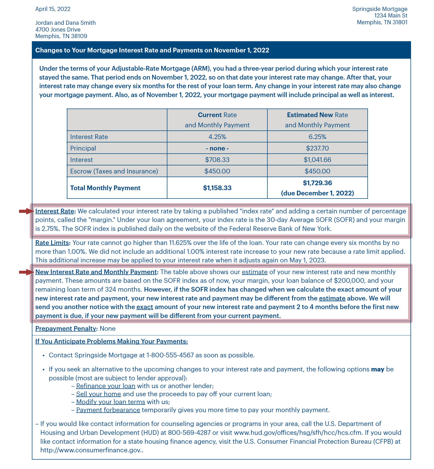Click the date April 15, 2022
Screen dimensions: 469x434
pyautogui.click(x=53, y=9)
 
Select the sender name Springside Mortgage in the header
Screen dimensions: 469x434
pyautogui.click(x=379, y=9)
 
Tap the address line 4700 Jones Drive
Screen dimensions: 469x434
pyautogui.click(x=58, y=29)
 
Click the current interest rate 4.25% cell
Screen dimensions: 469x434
pyautogui.click(x=217, y=137)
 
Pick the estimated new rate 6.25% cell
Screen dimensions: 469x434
pyautogui.click(x=317, y=137)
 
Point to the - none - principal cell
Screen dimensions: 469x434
pyautogui.click(x=217, y=148)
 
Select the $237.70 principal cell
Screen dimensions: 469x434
pyautogui.click(x=317, y=148)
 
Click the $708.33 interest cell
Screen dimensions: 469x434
pyautogui.click(x=217, y=160)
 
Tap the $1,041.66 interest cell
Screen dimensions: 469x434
pyautogui.click(x=317, y=160)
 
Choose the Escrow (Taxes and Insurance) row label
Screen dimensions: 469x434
pyautogui.click(x=114, y=171)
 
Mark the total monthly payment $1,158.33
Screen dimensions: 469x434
pyautogui.click(x=217, y=188)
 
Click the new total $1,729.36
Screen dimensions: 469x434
pyautogui.click(x=317, y=183)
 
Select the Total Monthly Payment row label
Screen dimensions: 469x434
pyautogui.click(x=105, y=188)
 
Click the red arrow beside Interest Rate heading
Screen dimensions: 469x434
pyautogui.click(x=26, y=211)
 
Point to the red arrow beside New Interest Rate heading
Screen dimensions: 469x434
pyautogui.click(x=26, y=272)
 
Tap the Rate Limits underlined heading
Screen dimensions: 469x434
pyautogui.click(x=52, y=243)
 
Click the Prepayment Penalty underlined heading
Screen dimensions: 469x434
pyautogui.click(x=66, y=329)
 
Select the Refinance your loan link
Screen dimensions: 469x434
pyautogui.click(x=105, y=386)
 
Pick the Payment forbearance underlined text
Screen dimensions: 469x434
pyautogui.click(x=108, y=410)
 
